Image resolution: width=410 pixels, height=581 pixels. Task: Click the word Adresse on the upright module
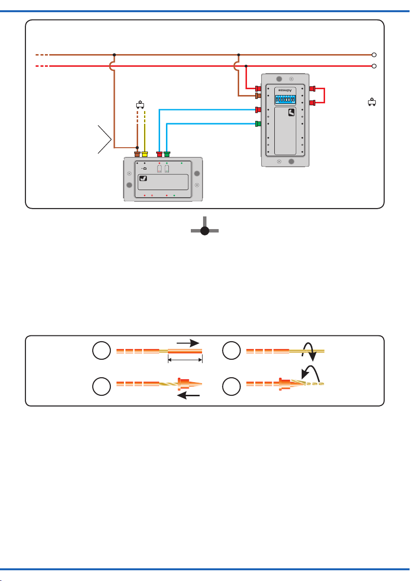284,91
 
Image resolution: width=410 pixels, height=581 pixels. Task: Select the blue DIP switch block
284,99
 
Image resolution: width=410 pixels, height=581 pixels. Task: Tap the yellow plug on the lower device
144,154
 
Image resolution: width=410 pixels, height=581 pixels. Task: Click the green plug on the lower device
167,154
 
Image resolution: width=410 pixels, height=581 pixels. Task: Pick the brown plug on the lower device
137,154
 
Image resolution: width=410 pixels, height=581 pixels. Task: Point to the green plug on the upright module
259,124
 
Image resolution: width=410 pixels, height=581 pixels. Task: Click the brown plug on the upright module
259,96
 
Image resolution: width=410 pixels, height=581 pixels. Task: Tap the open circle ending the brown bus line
374,55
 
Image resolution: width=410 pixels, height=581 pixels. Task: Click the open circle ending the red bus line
374,66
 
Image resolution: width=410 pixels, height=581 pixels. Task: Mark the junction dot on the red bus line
246,66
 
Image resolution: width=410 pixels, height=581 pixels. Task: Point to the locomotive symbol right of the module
372,102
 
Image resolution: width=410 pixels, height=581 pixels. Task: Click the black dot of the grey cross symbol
205,231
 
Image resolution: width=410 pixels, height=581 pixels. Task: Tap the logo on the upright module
291,113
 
